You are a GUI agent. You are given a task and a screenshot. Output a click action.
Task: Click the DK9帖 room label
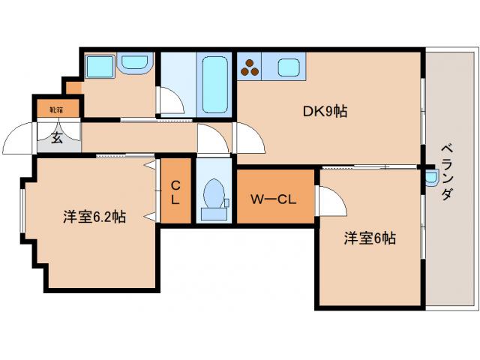tap(324, 112)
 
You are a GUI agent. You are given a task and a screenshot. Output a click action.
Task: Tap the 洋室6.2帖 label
tap(94, 217)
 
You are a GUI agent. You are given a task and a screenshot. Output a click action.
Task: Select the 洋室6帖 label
tap(370, 238)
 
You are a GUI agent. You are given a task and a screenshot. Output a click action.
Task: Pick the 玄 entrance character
tap(57, 138)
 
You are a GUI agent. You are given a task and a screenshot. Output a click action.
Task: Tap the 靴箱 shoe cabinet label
tap(56, 109)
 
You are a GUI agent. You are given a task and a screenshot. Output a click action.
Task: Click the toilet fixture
tap(214, 196)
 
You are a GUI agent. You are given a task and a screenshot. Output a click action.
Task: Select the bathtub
tap(216, 80)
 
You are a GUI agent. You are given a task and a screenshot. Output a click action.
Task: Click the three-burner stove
tap(250, 67)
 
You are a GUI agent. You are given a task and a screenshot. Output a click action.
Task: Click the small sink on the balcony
tap(430, 178)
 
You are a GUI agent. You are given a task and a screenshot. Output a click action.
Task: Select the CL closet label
tap(175, 192)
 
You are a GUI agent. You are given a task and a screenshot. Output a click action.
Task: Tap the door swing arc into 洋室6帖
tap(330, 199)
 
